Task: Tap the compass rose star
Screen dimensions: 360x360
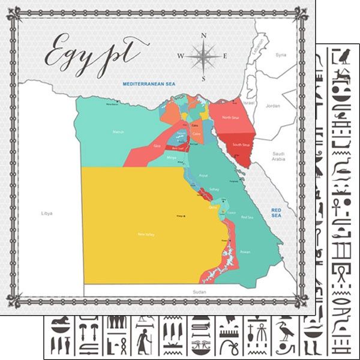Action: pos(203,57)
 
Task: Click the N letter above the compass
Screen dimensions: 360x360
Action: pos(203,36)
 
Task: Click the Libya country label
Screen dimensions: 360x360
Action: pos(47,213)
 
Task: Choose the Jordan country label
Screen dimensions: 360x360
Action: pos(273,106)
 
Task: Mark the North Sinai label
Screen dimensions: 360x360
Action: pos(230,118)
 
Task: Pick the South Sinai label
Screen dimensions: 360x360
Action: pos(241,145)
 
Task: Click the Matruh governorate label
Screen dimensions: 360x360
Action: pos(118,131)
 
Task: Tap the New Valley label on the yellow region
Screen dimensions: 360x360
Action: pos(146,234)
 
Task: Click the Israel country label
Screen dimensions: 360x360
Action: pos(251,103)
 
